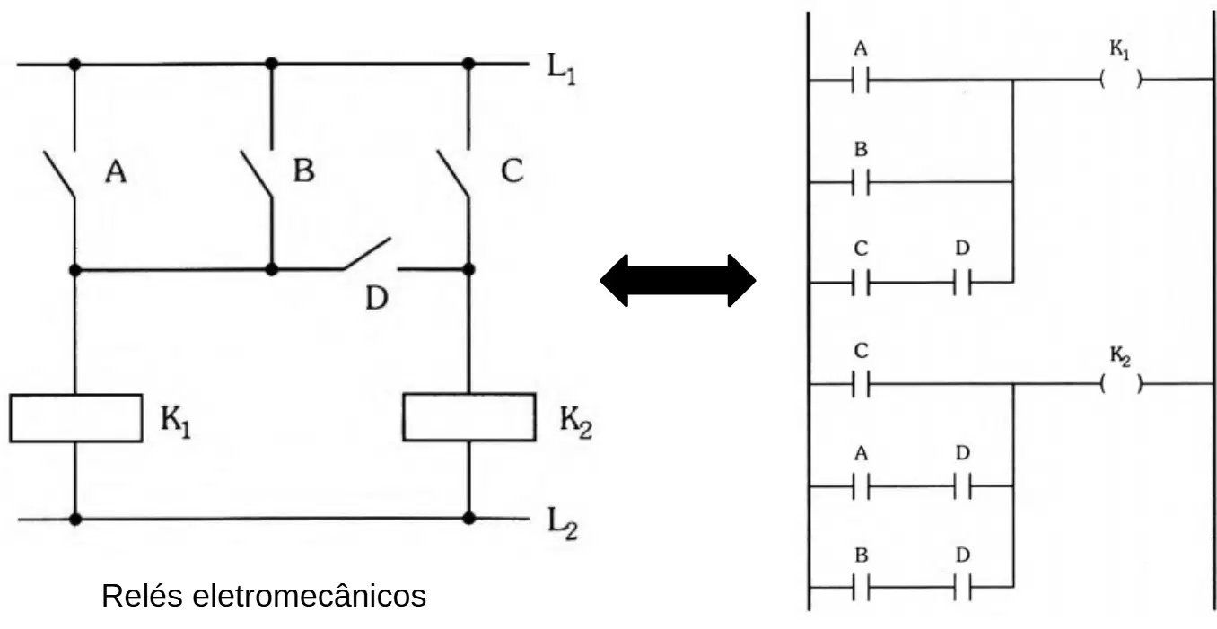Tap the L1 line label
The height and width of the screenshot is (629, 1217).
(x=561, y=69)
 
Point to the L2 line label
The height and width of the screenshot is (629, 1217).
(x=563, y=523)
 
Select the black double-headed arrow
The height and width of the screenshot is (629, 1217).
(x=678, y=280)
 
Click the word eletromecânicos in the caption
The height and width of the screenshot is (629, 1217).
(x=309, y=595)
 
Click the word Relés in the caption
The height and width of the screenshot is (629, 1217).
(x=142, y=595)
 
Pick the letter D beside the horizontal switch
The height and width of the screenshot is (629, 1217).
(x=377, y=298)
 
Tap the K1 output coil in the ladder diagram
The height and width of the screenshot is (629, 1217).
(x=1120, y=79)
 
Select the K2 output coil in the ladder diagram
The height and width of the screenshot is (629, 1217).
(x=1120, y=384)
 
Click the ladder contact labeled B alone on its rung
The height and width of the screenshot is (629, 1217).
(x=861, y=182)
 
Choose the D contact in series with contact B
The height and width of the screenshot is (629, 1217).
(x=962, y=587)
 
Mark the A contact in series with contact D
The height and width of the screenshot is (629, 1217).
(x=861, y=486)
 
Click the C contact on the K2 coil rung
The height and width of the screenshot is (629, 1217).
(x=861, y=384)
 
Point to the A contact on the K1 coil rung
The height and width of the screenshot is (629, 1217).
(x=861, y=80)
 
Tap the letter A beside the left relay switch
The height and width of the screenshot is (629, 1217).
(x=116, y=171)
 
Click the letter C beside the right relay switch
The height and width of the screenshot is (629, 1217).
(x=512, y=170)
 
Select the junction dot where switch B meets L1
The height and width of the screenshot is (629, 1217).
(x=272, y=64)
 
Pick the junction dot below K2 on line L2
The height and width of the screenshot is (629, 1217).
(x=469, y=519)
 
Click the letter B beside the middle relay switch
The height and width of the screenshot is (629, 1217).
(x=303, y=170)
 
